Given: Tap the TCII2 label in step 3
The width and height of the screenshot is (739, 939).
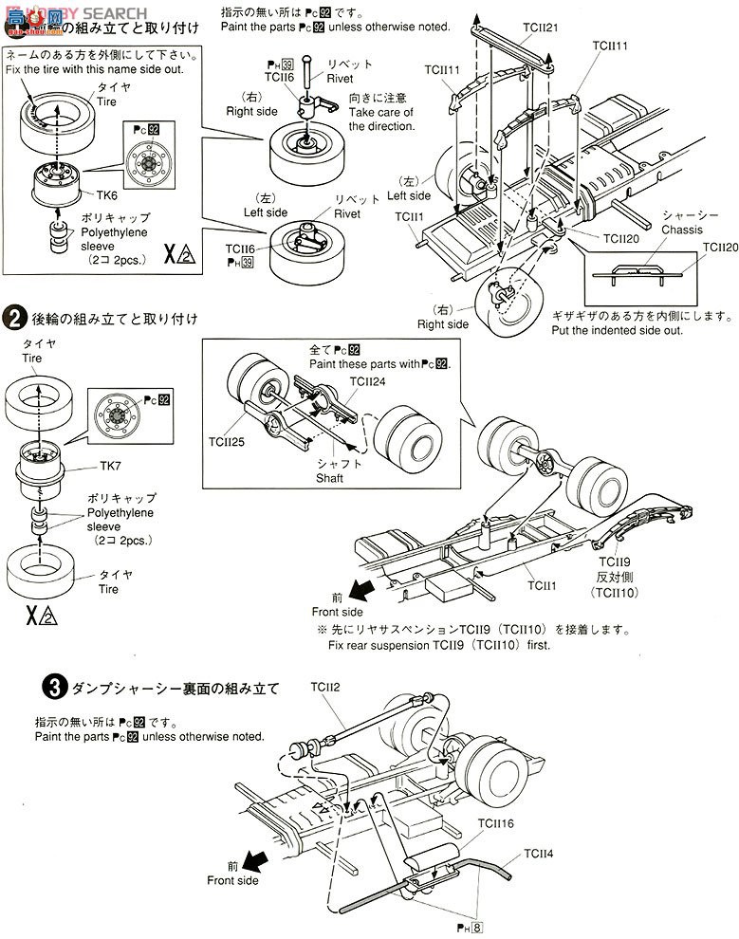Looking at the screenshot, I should pyautogui.click(x=325, y=686).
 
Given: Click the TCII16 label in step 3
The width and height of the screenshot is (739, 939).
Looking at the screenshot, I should pyautogui.click(x=495, y=823).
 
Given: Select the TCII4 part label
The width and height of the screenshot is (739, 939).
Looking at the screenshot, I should pyautogui.click(x=538, y=853).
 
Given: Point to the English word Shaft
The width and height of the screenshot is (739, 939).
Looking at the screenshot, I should pyautogui.click(x=329, y=478).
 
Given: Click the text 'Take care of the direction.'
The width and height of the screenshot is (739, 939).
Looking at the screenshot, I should pyautogui.click(x=380, y=120).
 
